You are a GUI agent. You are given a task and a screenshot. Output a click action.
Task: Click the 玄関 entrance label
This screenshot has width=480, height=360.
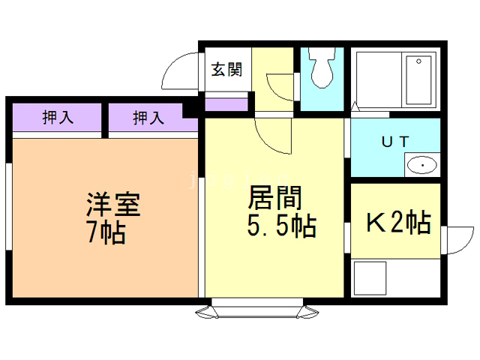point(226,70)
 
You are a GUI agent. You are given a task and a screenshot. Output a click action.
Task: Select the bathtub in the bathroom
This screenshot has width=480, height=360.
point(418,80)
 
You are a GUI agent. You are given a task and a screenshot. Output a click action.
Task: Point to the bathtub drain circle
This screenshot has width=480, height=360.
point(418,61)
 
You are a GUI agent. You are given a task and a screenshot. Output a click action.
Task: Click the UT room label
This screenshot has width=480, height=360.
point(395,142)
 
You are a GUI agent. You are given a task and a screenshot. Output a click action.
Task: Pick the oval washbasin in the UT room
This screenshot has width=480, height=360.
point(421,165)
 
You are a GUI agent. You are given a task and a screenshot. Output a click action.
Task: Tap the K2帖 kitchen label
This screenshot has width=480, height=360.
point(399,223)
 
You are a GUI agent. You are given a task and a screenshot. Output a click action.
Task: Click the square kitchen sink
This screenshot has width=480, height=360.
point(370,278)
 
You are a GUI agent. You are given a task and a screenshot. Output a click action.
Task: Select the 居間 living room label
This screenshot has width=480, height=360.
point(275,198)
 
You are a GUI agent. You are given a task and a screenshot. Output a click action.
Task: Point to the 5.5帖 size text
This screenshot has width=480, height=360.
point(282,226)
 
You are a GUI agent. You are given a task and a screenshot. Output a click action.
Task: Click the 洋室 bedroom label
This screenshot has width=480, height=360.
point(113,205)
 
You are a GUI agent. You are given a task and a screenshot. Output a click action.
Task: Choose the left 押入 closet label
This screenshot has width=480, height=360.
point(58,117)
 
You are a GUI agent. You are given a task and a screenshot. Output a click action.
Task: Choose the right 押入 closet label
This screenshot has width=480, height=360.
point(148,118)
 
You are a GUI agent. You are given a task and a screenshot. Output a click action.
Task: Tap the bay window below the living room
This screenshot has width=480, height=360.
point(257,308)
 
